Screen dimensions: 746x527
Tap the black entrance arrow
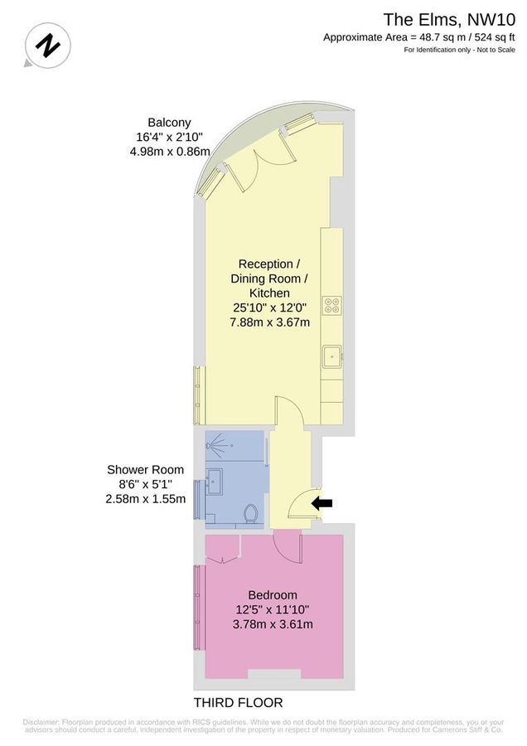click(322, 502)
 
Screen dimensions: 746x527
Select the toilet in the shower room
click(250, 516)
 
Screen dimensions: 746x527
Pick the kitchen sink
click(333, 357)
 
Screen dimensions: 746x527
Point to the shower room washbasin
click(216, 479)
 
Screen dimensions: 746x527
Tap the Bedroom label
click(273, 594)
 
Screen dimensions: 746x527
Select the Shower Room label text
click(145, 469)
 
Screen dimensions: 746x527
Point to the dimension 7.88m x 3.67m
click(271, 322)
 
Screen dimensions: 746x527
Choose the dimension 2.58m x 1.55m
click(145, 499)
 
